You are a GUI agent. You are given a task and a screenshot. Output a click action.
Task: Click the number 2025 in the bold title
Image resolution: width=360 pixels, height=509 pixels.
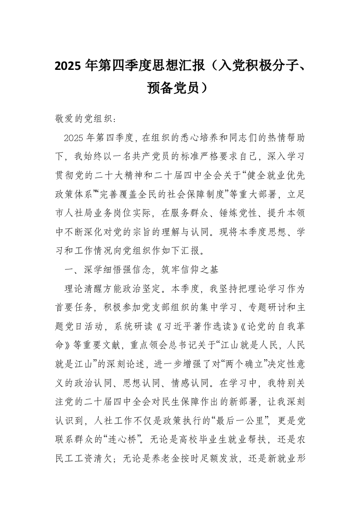coord(68,66)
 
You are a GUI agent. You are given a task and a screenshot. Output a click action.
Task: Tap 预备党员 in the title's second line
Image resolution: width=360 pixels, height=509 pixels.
coord(173,87)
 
